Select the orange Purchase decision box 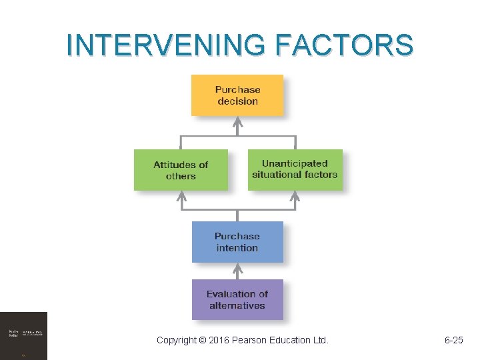[x=237, y=95]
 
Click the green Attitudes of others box [x=181, y=170]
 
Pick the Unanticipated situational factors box [x=295, y=169]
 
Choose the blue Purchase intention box [x=237, y=242]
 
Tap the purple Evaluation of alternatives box [x=237, y=300]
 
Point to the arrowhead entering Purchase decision [x=237, y=122]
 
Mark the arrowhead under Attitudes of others [x=181, y=196]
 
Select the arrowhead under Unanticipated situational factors [x=295, y=196]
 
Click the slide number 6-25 [x=454, y=341]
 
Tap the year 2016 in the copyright [x=218, y=341]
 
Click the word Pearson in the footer [x=249, y=341]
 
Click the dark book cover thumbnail [x=24, y=335]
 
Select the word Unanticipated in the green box [x=295, y=163]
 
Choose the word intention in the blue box [x=237, y=248]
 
